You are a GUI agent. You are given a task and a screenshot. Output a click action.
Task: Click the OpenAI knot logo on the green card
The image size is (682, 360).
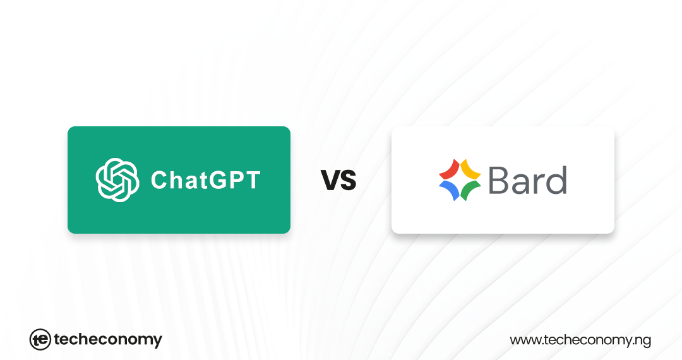pyautogui.click(x=117, y=180)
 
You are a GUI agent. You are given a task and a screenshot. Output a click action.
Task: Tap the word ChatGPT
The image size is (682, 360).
pyautogui.click(x=205, y=181)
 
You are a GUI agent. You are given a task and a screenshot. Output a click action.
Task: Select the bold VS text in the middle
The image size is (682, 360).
pyautogui.click(x=338, y=181)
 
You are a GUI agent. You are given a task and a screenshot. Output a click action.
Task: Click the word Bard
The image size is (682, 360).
pyautogui.click(x=527, y=180)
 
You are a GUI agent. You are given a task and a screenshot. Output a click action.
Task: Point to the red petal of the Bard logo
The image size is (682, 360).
pyautogui.click(x=449, y=169)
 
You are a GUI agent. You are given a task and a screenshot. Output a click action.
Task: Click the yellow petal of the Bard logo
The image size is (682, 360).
pyautogui.click(x=470, y=169)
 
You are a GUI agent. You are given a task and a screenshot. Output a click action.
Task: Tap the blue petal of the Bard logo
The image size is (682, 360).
pyautogui.click(x=448, y=191)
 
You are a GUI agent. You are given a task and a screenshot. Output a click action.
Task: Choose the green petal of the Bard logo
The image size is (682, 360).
pyautogui.click(x=470, y=191)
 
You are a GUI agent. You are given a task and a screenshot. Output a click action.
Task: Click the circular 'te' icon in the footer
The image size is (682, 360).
pyautogui.click(x=40, y=340)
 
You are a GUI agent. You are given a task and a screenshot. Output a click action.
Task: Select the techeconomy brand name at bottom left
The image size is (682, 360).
pyautogui.click(x=108, y=340)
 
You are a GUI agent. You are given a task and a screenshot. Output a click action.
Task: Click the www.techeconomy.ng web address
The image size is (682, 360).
pyautogui.click(x=580, y=340)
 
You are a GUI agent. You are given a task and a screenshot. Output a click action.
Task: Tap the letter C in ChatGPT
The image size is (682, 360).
pyautogui.click(x=159, y=181)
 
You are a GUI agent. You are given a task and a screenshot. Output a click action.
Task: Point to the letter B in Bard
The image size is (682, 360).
pyautogui.click(x=499, y=180)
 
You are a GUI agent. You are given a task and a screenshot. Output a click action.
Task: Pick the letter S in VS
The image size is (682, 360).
pyautogui.click(x=347, y=181)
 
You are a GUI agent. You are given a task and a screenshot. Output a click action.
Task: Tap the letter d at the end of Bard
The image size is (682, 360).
pyautogui.click(x=556, y=180)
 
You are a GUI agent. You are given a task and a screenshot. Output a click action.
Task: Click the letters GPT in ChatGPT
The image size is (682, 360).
pyautogui.click(x=236, y=181)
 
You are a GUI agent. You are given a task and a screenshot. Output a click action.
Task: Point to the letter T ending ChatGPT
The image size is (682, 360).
pyautogui.click(x=253, y=181)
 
